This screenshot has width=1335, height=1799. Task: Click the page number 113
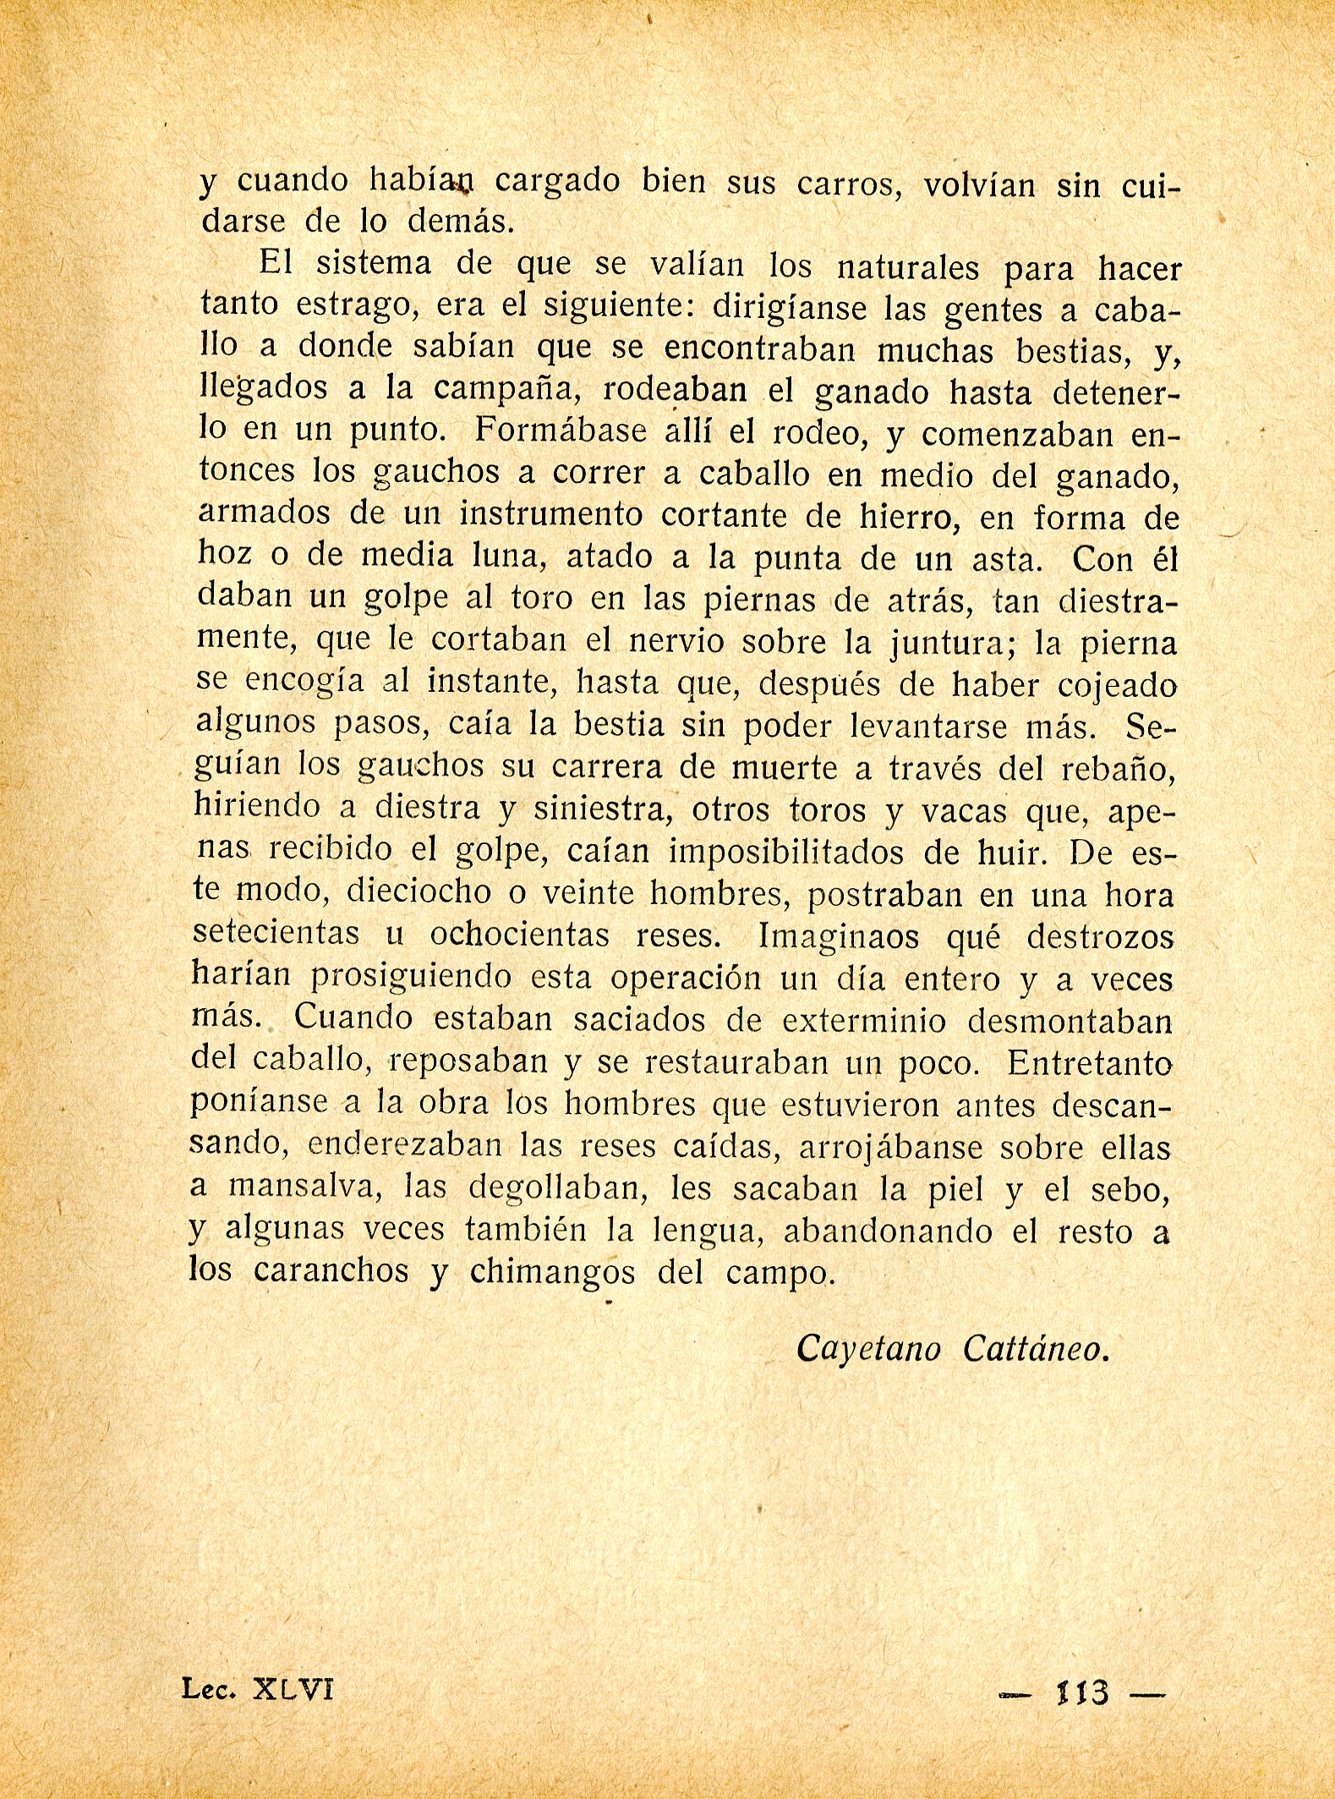[1083, 1692]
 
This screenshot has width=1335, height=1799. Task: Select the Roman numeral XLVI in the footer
[293, 1690]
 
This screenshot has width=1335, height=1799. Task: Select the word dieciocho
[419, 892]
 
